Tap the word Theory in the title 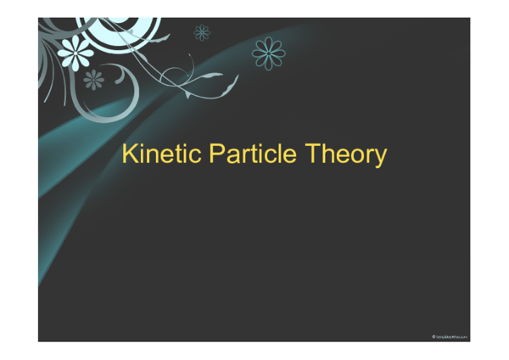coord(345,155)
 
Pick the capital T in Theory coord(311,155)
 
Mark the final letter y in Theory coord(381,158)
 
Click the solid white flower coord(76,53)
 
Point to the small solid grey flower coord(93,80)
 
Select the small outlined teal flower coord(202,33)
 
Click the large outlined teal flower coord(269,53)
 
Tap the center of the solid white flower coord(76,53)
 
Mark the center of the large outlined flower coord(269,53)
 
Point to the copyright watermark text coord(450,337)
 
